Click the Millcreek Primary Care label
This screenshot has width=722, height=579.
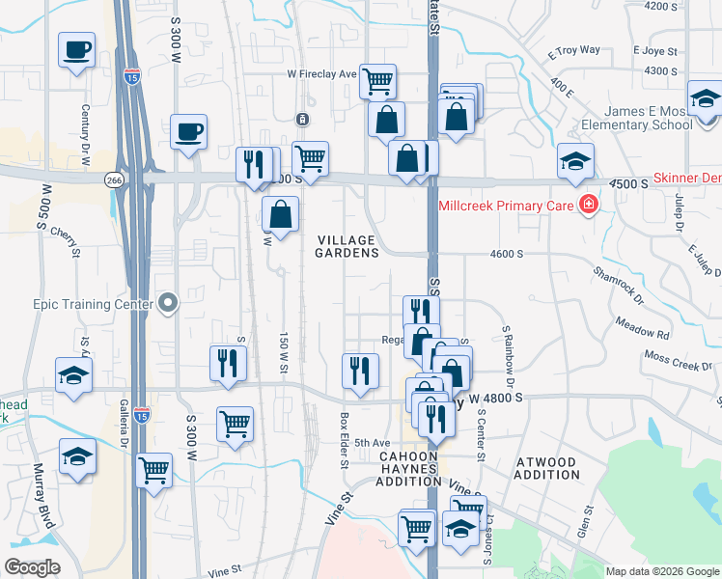tap(506, 206)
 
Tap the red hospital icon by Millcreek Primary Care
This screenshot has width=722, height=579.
tap(586, 205)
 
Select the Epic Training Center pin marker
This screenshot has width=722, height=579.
tap(168, 304)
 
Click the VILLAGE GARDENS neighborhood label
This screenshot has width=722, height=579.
tap(347, 245)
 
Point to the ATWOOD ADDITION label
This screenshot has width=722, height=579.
tap(546, 469)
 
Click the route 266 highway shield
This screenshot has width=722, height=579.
tap(115, 179)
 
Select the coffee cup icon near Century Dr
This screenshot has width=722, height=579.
tap(76, 49)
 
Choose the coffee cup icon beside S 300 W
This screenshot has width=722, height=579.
tap(188, 130)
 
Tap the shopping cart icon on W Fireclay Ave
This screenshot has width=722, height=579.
tap(378, 80)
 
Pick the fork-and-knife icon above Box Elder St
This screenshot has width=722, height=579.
tap(360, 371)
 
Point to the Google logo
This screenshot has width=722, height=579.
tap(33, 567)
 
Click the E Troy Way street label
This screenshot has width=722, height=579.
tap(573, 51)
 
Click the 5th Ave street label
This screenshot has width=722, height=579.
tap(372, 443)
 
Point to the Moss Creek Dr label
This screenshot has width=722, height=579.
tap(677, 367)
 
